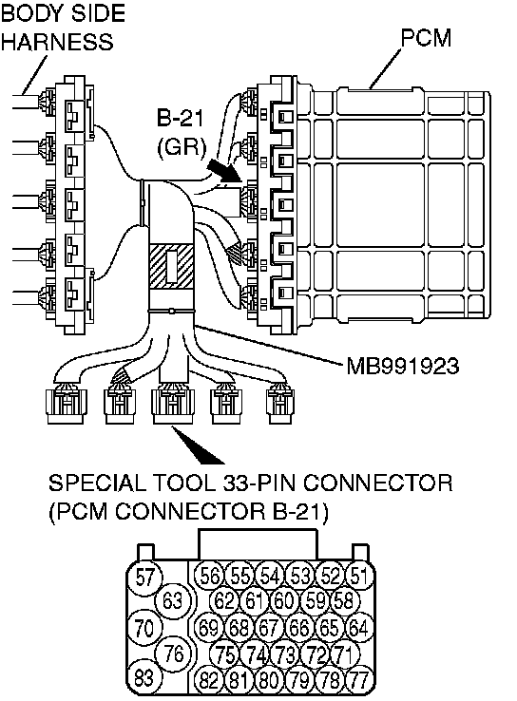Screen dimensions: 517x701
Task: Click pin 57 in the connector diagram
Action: click(144, 578)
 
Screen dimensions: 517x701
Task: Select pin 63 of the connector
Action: click(173, 600)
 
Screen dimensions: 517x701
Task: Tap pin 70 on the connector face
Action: click(144, 628)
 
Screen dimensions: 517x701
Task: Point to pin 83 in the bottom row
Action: click(144, 677)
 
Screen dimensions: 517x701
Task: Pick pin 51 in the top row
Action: click(358, 577)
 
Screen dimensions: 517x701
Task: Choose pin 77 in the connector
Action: click(358, 679)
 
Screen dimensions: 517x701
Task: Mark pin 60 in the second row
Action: click(283, 600)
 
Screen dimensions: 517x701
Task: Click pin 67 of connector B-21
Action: click(268, 628)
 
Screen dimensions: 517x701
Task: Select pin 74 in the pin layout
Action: click(256, 655)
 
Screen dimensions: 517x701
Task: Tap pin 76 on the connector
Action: click(174, 654)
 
